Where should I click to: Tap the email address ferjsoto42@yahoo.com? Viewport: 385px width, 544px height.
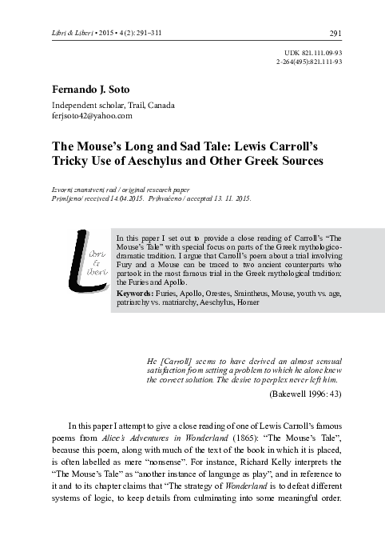click(92, 116)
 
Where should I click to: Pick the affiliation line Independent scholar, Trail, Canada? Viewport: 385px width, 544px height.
click(113, 105)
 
